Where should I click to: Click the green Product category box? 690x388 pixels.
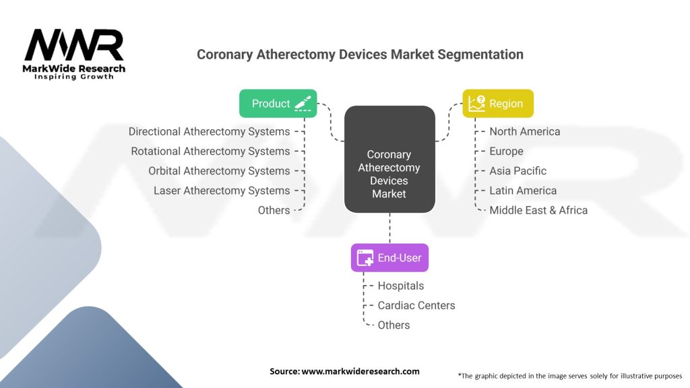point(278,103)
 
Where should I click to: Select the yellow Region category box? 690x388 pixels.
point(498,103)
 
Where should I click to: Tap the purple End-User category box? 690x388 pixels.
point(389,258)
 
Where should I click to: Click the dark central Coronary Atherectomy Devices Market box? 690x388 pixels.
point(389,159)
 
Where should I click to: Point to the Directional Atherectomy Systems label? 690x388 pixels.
point(209,131)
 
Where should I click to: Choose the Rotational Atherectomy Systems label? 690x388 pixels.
point(210,152)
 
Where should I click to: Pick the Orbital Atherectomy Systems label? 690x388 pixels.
point(219,171)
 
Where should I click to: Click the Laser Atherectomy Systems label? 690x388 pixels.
point(222,191)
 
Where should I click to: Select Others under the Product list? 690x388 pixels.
point(274,210)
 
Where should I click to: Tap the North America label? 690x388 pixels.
point(524,131)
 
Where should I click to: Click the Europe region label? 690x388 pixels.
point(506,152)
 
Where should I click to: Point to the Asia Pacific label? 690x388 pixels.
point(518,171)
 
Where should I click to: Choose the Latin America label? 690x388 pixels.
point(523,191)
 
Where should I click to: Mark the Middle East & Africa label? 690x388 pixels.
point(538,210)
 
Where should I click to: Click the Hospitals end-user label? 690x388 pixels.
point(400,286)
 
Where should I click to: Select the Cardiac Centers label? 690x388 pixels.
point(416,305)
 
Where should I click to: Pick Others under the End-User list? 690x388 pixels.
point(394,325)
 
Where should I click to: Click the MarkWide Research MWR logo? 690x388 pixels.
point(74,54)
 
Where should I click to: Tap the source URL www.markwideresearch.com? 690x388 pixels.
point(360,371)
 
